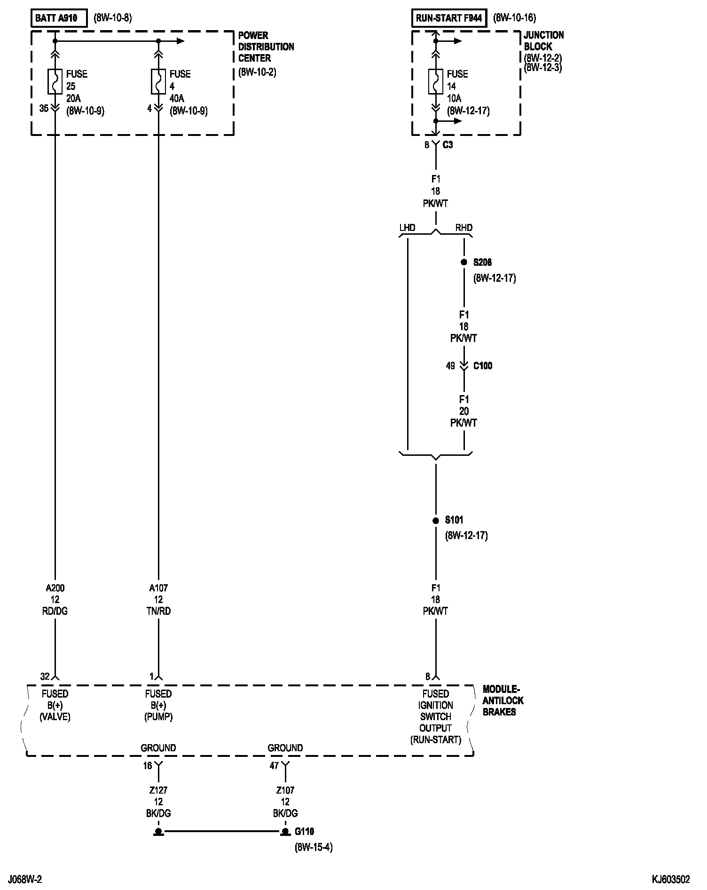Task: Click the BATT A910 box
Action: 59,18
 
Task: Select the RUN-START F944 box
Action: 449,18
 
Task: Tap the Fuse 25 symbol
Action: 55,81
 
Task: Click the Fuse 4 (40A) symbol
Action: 158,81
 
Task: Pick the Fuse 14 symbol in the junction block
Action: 436,81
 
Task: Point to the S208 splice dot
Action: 464,262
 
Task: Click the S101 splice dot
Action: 436,520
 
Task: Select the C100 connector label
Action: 483,366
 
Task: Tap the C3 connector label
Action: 448,145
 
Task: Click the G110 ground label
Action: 304,832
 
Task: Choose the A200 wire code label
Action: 55,588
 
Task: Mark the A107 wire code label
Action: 158,588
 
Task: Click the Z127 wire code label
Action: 158,790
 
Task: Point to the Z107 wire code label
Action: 285,790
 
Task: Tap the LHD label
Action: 407,228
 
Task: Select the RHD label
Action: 464,228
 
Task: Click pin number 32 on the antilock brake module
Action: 45,677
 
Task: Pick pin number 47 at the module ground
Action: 274,766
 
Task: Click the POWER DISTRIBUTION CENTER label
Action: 266,47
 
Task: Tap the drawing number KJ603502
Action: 671,879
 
